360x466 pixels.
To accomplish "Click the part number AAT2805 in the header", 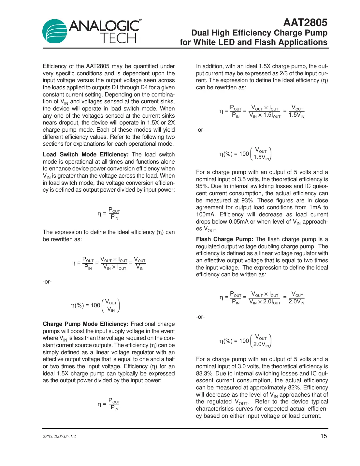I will (x=305, y=22).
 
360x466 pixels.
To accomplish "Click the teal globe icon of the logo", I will (x=55, y=31).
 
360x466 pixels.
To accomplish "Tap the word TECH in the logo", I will (x=118, y=38).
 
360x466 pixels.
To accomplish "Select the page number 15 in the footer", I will (x=324, y=436).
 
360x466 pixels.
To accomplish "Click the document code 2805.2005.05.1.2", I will (x=59, y=436).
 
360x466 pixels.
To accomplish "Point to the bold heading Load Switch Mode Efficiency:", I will (x=86, y=154).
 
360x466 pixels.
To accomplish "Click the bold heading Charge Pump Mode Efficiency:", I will (x=85, y=324).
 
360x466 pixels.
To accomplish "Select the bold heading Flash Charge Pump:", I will (x=224, y=239).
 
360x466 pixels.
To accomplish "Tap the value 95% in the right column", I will (x=202, y=186).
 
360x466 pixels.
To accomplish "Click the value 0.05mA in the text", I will (x=240, y=222).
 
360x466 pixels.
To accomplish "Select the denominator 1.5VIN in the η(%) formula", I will (x=261, y=157).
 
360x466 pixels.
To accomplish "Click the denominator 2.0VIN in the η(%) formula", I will (x=261, y=344).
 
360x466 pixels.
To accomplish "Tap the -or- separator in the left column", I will (x=47, y=282).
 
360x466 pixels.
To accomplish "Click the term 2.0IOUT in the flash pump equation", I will (x=271, y=302).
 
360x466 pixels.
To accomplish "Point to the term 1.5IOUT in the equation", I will (x=271, y=115).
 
